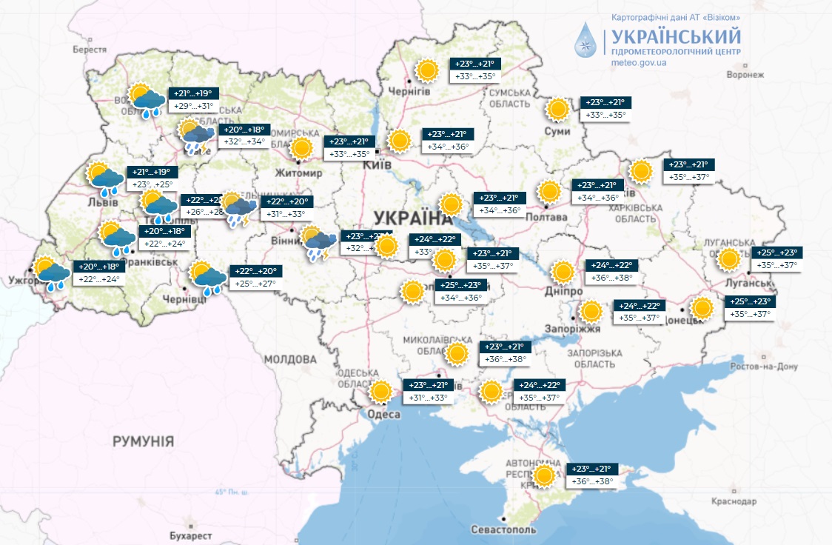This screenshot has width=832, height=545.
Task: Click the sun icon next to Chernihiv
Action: click(426, 71)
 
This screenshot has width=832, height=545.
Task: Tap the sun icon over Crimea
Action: click(544, 475)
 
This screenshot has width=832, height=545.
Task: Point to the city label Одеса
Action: click(384, 415)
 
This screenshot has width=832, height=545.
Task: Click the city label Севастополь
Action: click(503, 530)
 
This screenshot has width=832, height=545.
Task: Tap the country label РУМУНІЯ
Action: click(143, 441)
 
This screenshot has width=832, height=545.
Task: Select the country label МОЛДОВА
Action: click(289, 359)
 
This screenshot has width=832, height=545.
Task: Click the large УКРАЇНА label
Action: click(412, 218)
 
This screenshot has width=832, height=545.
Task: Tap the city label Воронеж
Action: click(745, 76)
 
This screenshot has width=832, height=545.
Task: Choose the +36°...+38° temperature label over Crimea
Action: click(592, 482)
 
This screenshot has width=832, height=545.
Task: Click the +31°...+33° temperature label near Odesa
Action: click(428, 398)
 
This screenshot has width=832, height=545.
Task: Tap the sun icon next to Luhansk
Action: click(729, 259)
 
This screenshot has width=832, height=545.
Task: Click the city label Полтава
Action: click(546, 217)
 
